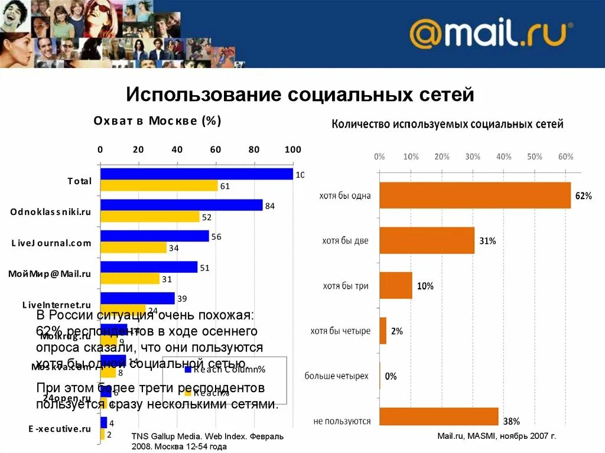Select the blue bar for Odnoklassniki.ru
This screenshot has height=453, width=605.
coord(181,205)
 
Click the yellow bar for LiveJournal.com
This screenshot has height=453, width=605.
coord(134,248)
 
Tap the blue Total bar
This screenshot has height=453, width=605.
coord(197,174)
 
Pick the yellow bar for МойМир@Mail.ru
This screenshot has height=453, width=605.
coord(130,279)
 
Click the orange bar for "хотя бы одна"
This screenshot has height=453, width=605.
coord(475,195)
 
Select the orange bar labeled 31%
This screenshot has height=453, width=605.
coord(427,241)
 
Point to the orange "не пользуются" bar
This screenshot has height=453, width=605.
coord(438,417)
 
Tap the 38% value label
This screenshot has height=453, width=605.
coord(511,422)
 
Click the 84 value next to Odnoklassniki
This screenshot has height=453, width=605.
coord(271,206)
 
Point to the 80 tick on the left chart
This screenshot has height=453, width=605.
coord(254,149)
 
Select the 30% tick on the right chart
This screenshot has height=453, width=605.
coord(473,157)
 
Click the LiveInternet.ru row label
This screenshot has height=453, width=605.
coord(57,305)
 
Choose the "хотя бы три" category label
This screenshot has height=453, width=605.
coord(346,286)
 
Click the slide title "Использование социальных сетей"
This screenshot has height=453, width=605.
coord(300,94)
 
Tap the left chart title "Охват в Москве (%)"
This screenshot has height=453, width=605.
coord(157,121)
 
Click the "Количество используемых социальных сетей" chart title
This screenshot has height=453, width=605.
coord(447,124)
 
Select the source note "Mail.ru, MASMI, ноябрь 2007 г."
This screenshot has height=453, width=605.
coord(496,436)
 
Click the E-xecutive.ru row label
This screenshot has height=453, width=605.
coord(60,429)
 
